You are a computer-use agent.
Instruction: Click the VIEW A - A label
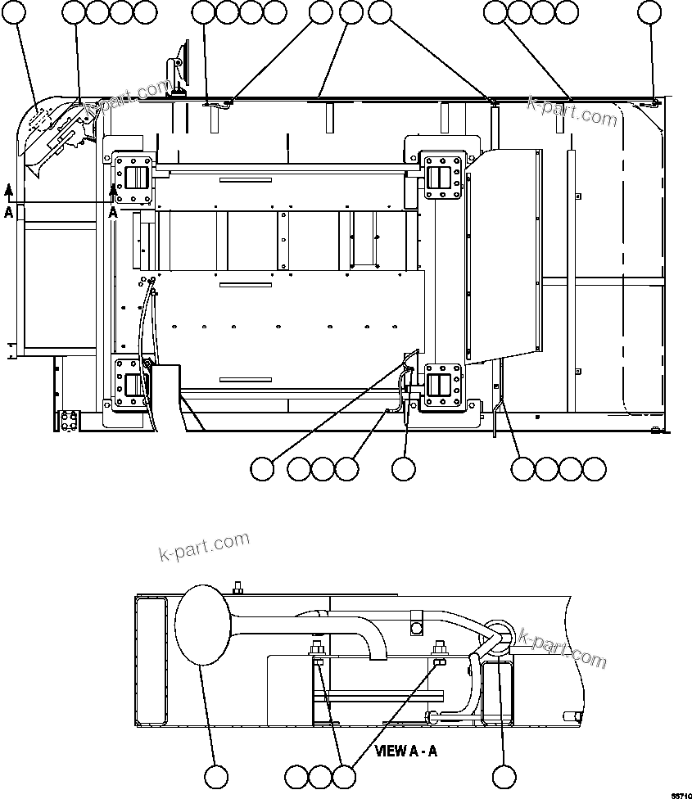[x=407, y=750]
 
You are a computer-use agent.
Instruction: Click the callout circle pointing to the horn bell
[x=216, y=777]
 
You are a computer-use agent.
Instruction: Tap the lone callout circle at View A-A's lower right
[x=504, y=777]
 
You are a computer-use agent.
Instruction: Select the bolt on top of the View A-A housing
[x=237, y=586]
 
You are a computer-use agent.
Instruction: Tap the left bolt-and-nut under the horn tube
[x=317, y=655]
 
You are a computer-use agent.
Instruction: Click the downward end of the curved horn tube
[x=378, y=652]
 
